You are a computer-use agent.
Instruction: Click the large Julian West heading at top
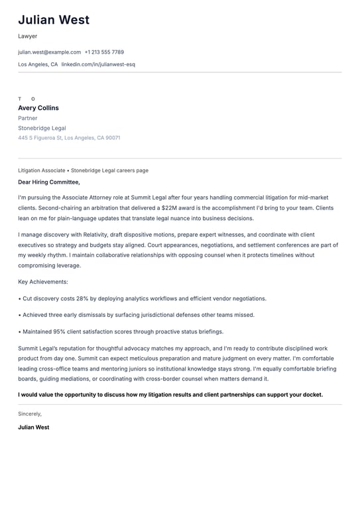(x=54, y=20)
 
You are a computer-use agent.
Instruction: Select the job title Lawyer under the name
(x=28, y=36)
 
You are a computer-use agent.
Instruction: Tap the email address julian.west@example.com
(x=49, y=52)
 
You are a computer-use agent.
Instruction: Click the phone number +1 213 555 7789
(x=104, y=52)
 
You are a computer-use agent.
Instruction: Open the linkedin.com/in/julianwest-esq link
(x=98, y=64)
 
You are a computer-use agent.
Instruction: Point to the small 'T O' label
(x=27, y=99)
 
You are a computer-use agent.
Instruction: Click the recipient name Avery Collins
(x=38, y=108)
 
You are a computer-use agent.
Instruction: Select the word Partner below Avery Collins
(x=28, y=118)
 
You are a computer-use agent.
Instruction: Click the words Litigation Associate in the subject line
(x=42, y=170)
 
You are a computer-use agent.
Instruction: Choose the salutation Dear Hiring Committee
(x=48, y=182)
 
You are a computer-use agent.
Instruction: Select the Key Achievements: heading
(x=43, y=282)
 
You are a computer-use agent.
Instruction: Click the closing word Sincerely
(x=29, y=414)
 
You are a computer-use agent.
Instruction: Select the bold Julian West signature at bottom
(x=34, y=427)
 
